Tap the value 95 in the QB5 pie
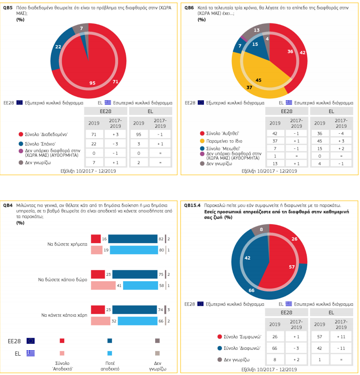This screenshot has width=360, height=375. (92, 83)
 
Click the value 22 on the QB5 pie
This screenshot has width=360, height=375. (58, 47)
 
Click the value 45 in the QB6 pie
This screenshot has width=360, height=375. (259, 80)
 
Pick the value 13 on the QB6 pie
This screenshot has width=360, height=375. (257, 30)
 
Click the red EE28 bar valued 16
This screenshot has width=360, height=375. (96, 239)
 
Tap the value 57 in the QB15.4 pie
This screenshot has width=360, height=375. (292, 267)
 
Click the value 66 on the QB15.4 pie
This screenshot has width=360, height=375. (252, 290)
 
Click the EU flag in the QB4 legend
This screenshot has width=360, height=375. (31, 341)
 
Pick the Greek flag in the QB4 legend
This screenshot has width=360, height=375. (31, 353)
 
